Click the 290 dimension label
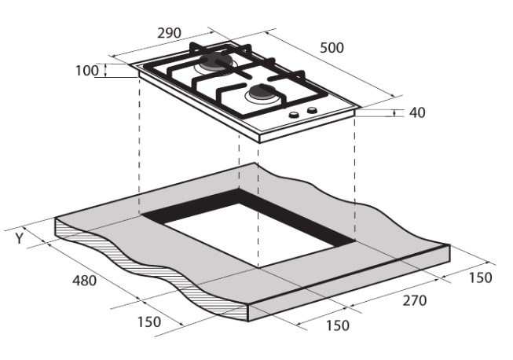(x=169, y=33)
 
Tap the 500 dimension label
(x=332, y=48)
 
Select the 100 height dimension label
(x=87, y=71)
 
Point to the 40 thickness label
(x=417, y=112)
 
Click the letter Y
(x=20, y=238)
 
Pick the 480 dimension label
(x=84, y=281)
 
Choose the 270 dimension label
(x=415, y=300)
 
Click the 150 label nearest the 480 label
(x=149, y=322)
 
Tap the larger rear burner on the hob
(x=214, y=63)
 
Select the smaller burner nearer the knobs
(x=262, y=94)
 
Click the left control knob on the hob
(x=294, y=114)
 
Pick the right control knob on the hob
(x=312, y=110)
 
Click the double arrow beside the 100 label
(x=105, y=71)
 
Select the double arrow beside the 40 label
(x=394, y=113)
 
